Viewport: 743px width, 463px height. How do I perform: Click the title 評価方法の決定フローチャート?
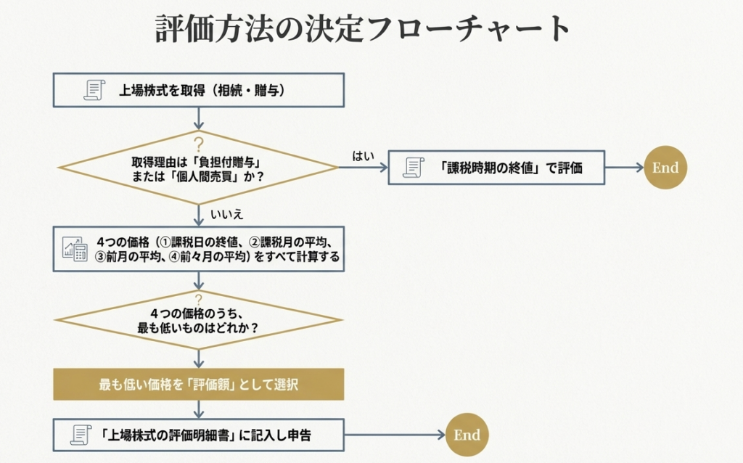pyautogui.click(x=364, y=29)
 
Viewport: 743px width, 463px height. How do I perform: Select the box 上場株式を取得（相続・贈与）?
pyautogui.click(x=198, y=91)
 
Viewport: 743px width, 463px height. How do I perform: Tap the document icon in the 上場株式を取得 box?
pyautogui.click(x=94, y=91)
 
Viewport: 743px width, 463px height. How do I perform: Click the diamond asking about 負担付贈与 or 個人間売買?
pyautogui.click(x=198, y=168)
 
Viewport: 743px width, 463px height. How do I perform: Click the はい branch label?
pyautogui.click(x=363, y=156)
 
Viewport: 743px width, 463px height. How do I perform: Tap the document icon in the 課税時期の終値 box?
pyautogui.click(x=414, y=168)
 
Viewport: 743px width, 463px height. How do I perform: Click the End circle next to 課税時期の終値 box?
pyautogui.click(x=665, y=168)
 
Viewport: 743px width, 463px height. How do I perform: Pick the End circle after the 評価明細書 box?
pyautogui.click(x=467, y=435)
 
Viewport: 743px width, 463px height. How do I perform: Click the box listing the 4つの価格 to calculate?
pyautogui.click(x=198, y=249)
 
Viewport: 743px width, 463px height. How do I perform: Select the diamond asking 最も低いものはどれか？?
pyautogui.click(x=198, y=320)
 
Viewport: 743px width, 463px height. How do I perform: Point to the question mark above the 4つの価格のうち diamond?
pyautogui.click(x=198, y=297)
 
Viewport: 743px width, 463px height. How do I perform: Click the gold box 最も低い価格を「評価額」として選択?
pyautogui.click(x=198, y=385)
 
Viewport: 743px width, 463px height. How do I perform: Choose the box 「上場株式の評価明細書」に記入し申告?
pyautogui.click(x=198, y=435)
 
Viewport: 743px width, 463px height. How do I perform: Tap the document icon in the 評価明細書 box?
pyautogui.click(x=81, y=435)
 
